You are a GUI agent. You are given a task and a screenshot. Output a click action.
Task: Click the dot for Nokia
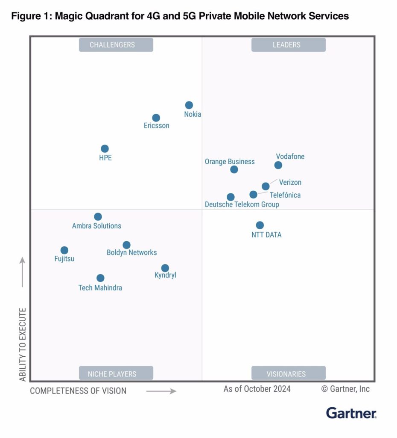[x=189, y=105]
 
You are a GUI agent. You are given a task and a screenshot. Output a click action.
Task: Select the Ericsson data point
[x=156, y=118]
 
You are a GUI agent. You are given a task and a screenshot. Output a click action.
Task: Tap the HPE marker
[x=105, y=149]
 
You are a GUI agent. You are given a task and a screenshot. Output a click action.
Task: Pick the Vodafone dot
[x=278, y=165]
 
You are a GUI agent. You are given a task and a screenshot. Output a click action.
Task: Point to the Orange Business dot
[x=234, y=169]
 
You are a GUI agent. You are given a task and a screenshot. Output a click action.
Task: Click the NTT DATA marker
[x=260, y=225]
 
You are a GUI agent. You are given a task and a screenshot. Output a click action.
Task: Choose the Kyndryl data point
[x=165, y=268]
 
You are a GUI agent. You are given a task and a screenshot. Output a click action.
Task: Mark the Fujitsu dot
[x=64, y=250]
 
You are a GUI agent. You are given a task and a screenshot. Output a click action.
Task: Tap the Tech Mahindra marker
[x=100, y=278]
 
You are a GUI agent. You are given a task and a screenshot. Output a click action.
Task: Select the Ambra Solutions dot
[x=98, y=217]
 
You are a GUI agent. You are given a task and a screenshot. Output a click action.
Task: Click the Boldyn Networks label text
[x=132, y=252]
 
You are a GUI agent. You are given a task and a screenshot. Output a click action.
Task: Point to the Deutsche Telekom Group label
[x=242, y=204]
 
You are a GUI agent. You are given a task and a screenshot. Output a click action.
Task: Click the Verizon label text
[x=290, y=182]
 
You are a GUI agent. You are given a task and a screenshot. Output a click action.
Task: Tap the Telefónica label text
[x=285, y=195]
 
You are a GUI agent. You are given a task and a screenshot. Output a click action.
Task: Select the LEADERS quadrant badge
[x=288, y=45]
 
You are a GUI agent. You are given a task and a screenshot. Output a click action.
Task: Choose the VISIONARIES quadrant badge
[x=288, y=373]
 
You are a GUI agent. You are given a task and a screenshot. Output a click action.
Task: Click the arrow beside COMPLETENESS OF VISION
[x=161, y=391]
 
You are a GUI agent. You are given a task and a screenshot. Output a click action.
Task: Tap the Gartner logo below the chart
[x=351, y=413]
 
